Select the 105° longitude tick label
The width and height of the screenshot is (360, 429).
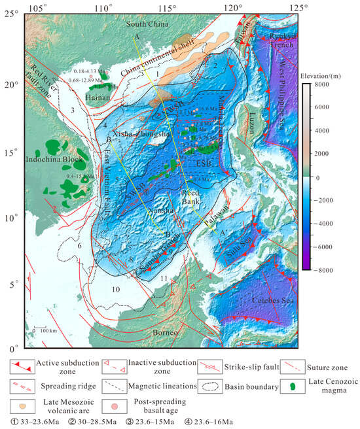point(39,7)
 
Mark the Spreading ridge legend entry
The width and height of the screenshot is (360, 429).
point(49,386)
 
